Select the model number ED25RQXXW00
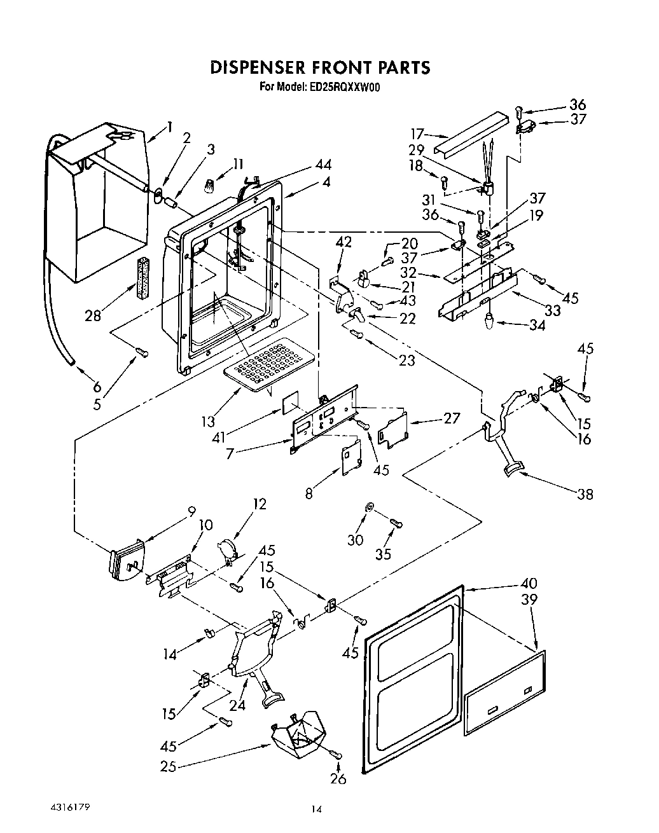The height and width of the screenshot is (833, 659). pyautogui.click(x=347, y=88)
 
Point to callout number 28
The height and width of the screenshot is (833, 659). pyautogui.click(x=93, y=315)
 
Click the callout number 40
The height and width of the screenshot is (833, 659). pyautogui.click(x=529, y=583)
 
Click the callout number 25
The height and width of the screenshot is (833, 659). pyautogui.click(x=168, y=767)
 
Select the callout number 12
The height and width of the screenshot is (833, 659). pyautogui.click(x=259, y=504)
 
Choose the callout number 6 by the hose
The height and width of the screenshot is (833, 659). pyautogui.click(x=97, y=385)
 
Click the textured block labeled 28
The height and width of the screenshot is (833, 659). pyautogui.click(x=142, y=277)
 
